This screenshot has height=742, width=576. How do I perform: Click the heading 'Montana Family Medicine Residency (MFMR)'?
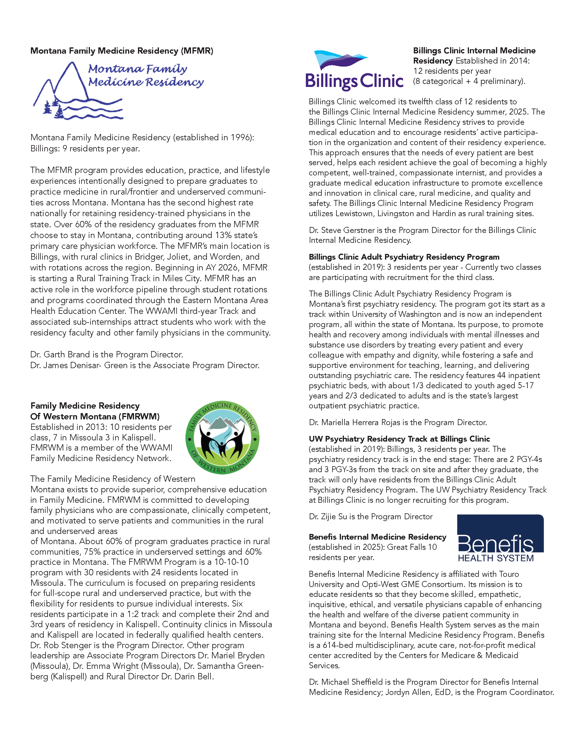click(122, 51)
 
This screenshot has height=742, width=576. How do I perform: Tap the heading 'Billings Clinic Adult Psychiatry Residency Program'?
click(404, 257)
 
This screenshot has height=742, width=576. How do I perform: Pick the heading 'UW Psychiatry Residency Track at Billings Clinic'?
click(399, 439)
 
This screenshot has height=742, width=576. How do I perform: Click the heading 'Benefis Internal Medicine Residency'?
click(377, 537)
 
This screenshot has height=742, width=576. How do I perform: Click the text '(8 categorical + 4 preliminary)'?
click(469, 82)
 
